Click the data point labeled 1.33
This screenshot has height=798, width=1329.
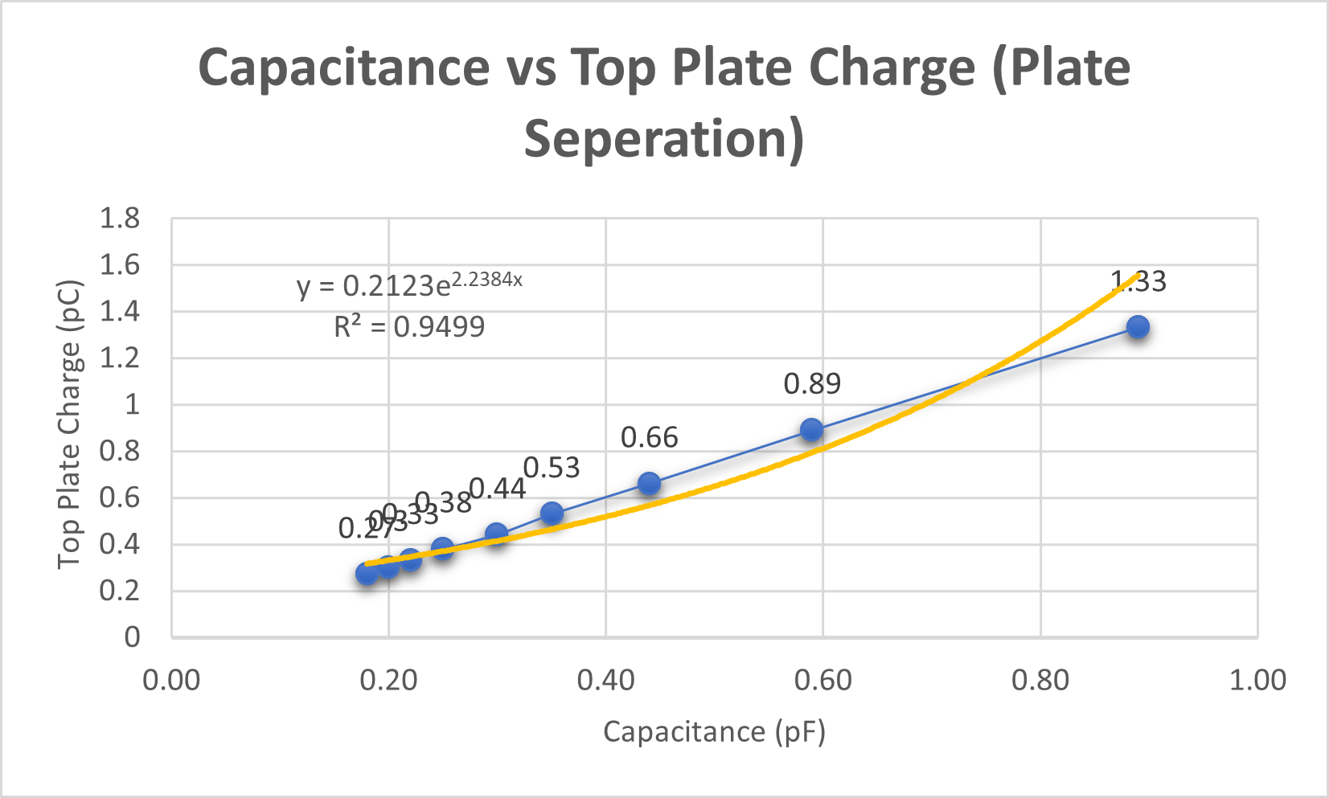pyautogui.click(x=1137, y=327)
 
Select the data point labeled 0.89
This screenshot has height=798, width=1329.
pyautogui.click(x=811, y=430)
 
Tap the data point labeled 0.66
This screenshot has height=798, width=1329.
pyautogui.click(x=649, y=484)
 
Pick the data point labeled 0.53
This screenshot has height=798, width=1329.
pyautogui.click(x=552, y=514)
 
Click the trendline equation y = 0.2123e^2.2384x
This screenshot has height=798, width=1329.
pyautogui.click(x=409, y=284)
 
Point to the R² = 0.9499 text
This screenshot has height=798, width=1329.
pyautogui.click(x=409, y=327)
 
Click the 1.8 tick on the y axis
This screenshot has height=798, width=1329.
pyautogui.click(x=119, y=219)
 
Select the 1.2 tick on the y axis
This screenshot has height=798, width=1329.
pyautogui.click(x=119, y=358)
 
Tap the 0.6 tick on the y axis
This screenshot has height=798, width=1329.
pyautogui.click(x=119, y=498)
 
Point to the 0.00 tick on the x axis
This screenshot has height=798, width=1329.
pyautogui.click(x=171, y=681)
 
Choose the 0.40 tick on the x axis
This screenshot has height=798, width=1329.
pyautogui.click(x=605, y=681)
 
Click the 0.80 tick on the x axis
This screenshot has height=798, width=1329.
pyautogui.click(x=1040, y=681)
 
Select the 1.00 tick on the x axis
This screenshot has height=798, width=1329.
pyautogui.click(x=1257, y=681)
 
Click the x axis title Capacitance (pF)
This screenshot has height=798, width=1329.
pyautogui.click(x=714, y=732)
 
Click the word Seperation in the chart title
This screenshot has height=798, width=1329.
pyautogui.click(x=664, y=138)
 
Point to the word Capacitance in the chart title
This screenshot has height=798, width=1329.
pyautogui.click(x=343, y=68)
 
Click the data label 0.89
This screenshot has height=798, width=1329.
pyautogui.click(x=812, y=384)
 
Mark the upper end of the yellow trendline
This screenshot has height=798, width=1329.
pyautogui.click(x=1138, y=275)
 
